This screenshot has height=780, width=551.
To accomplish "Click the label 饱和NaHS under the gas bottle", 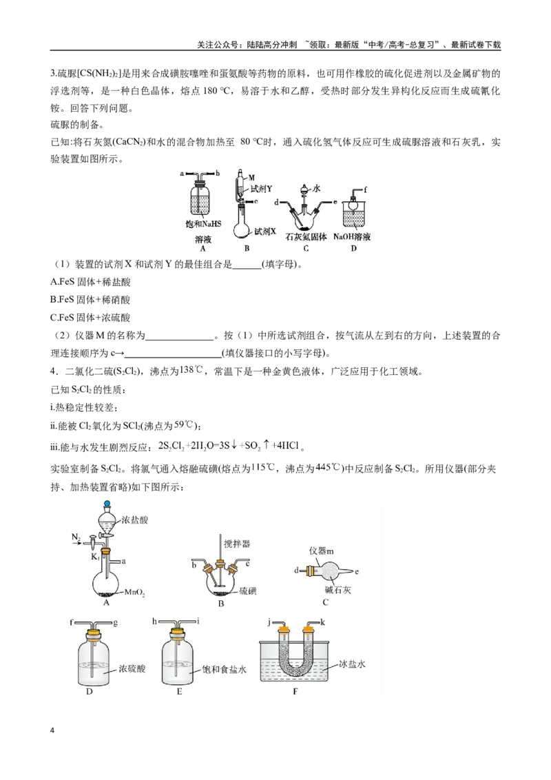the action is click(x=203, y=224).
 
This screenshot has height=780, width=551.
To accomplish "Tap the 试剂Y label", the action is click(x=261, y=189).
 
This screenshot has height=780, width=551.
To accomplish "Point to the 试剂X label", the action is click(x=265, y=232).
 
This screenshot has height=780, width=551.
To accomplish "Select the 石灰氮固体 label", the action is click(x=306, y=237).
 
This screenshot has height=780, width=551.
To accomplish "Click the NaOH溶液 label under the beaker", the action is click(x=352, y=237).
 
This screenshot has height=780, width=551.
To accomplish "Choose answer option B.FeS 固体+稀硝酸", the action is click(x=90, y=300).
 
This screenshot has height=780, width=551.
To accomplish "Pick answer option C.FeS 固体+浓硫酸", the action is click(x=90, y=318).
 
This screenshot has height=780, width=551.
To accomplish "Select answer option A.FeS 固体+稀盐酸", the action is click(x=90, y=282).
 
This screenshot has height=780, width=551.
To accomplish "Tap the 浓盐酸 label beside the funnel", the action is click(x=135, y=520).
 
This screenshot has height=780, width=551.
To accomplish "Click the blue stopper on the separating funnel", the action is click(x=107, y=504).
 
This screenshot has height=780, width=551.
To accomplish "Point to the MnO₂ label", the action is click(x=134, y=592).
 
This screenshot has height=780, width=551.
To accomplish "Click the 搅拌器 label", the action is click(x=237, y=544).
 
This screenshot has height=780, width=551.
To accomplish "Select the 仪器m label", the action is click(x=321, y=551).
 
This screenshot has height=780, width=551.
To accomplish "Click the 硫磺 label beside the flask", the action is click(x=248, y=591).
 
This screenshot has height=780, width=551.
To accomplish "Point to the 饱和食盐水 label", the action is click(x=225, y=670).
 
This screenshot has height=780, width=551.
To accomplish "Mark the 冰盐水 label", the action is click(x=352, y=664).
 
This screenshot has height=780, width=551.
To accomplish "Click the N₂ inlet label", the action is click(x=76, y=537).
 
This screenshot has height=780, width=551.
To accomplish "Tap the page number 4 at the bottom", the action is click(x=53, y=731).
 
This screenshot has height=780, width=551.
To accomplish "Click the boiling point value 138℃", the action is click(x=191, y=371).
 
